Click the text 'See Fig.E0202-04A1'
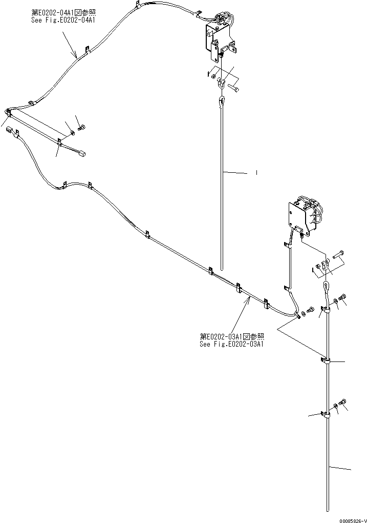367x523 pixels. [x=64, y=20]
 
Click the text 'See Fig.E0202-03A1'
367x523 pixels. [x=232, y=344]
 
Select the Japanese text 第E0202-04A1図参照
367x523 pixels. [x=64, y=13]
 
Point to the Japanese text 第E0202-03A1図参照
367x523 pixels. [x=232, y=336]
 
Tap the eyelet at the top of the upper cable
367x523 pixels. [x=222, y=102]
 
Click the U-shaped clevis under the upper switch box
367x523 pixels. [x=221, y=82]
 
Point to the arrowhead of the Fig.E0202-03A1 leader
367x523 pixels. [x=248, y=299]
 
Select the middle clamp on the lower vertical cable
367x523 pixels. [x=326, y=361]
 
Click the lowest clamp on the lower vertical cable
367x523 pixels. [x=326, y=415]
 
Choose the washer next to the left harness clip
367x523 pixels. [x=72, y=133]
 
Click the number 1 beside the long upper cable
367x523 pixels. [x=256, y=173]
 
